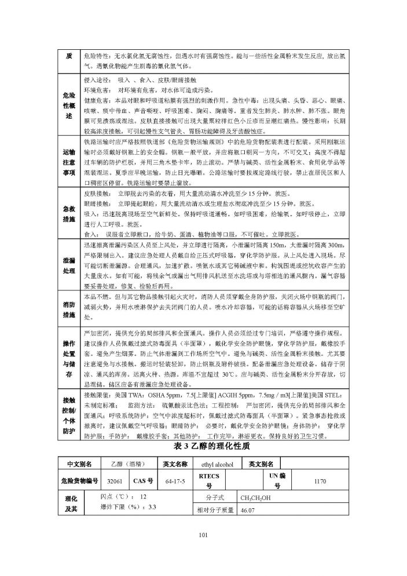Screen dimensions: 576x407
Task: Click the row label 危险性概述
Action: [x=69, y=105]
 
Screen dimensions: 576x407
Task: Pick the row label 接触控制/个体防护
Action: [x=69, y=408]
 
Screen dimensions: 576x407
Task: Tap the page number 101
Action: [x=203, y=535]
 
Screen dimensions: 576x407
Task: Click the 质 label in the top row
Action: [x=69, y=55]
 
